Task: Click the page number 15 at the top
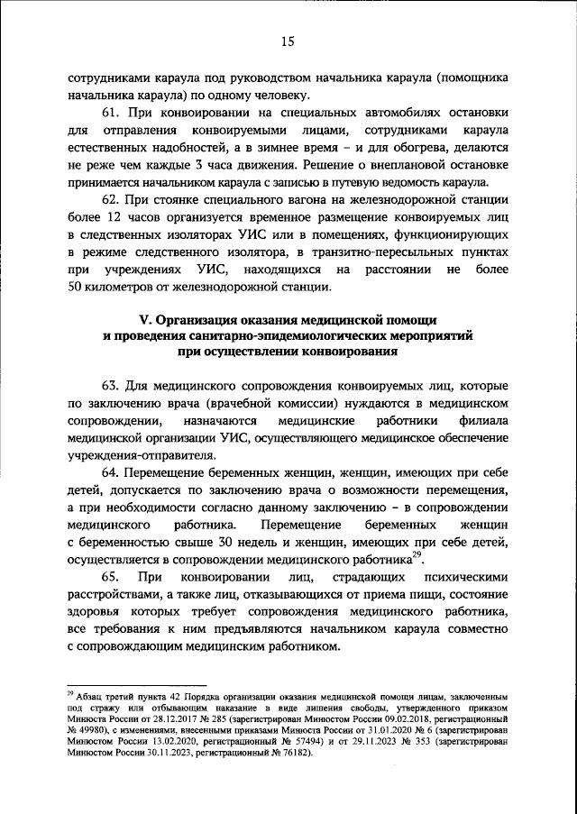pos(288,39)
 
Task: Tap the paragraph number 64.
pos(110,471)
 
